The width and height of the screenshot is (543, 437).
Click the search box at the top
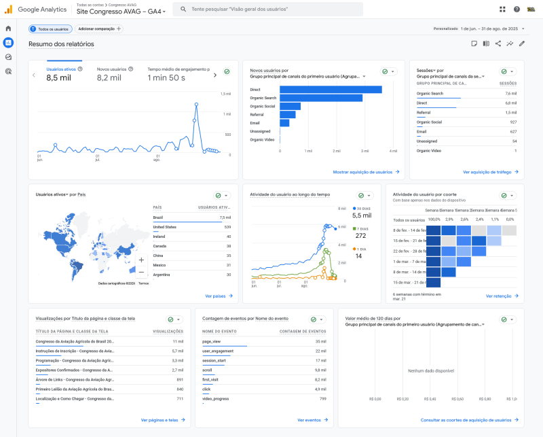(x=268, y=10)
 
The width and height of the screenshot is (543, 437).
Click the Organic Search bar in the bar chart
(x=305, y=98)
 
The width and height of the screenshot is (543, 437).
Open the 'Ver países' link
(x=219, y=296)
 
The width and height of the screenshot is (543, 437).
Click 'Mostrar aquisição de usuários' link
(x=366, y=173)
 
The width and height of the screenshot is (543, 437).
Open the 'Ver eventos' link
(x=312, y=420)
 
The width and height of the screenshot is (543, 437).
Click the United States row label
(x=164, y=227)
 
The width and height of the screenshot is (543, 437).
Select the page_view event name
(x=212, y=341)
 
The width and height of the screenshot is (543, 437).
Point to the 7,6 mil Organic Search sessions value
(x=510, y=93)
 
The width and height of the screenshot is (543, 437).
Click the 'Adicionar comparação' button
(x=99, y=29)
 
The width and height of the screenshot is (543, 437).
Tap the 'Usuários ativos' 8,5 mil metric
(x=58, y=77)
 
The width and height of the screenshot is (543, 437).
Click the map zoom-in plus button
(x=141, y=260)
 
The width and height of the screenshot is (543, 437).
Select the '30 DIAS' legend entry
(x=361, y=208)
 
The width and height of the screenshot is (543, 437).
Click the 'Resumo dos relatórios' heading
(x=61, y=44)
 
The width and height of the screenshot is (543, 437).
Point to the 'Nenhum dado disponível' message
(x=430, y=371)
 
